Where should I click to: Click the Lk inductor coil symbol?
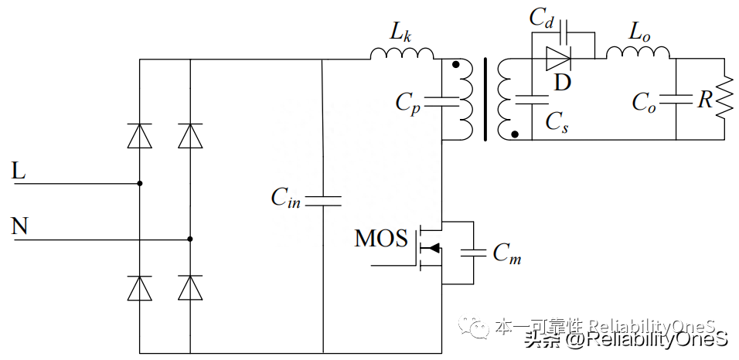pos(402,53)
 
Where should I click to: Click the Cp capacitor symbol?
pos(441,99)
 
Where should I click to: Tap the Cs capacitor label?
pos(557,122)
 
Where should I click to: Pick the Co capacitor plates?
pos(676,99)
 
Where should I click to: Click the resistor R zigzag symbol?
pos(724,99)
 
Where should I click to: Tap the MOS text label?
pos(380,239)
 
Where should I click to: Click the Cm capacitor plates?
pos(472,253)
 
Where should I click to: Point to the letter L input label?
pos(19,172)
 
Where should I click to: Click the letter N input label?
pos(20,226)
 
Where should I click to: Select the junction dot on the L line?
pos(139,184)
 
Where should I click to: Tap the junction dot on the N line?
pos(190,239)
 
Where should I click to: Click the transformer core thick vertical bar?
pos(485,99)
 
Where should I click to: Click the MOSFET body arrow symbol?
pos(434,248)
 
